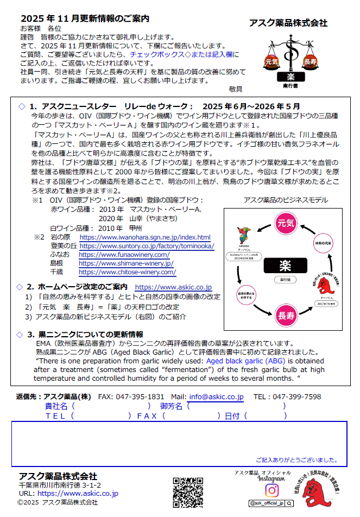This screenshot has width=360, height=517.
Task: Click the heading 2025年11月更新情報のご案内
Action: coord(84,19)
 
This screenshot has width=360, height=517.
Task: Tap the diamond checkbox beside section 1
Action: coord(22,106)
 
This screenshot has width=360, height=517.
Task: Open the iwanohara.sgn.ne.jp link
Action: coord(144,237)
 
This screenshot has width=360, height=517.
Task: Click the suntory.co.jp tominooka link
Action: coord(147,246)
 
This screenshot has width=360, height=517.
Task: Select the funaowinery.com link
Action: coord(124,255)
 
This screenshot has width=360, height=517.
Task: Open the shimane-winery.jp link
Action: coord(126,263)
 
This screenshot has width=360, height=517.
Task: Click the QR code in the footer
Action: coord(187,491)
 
